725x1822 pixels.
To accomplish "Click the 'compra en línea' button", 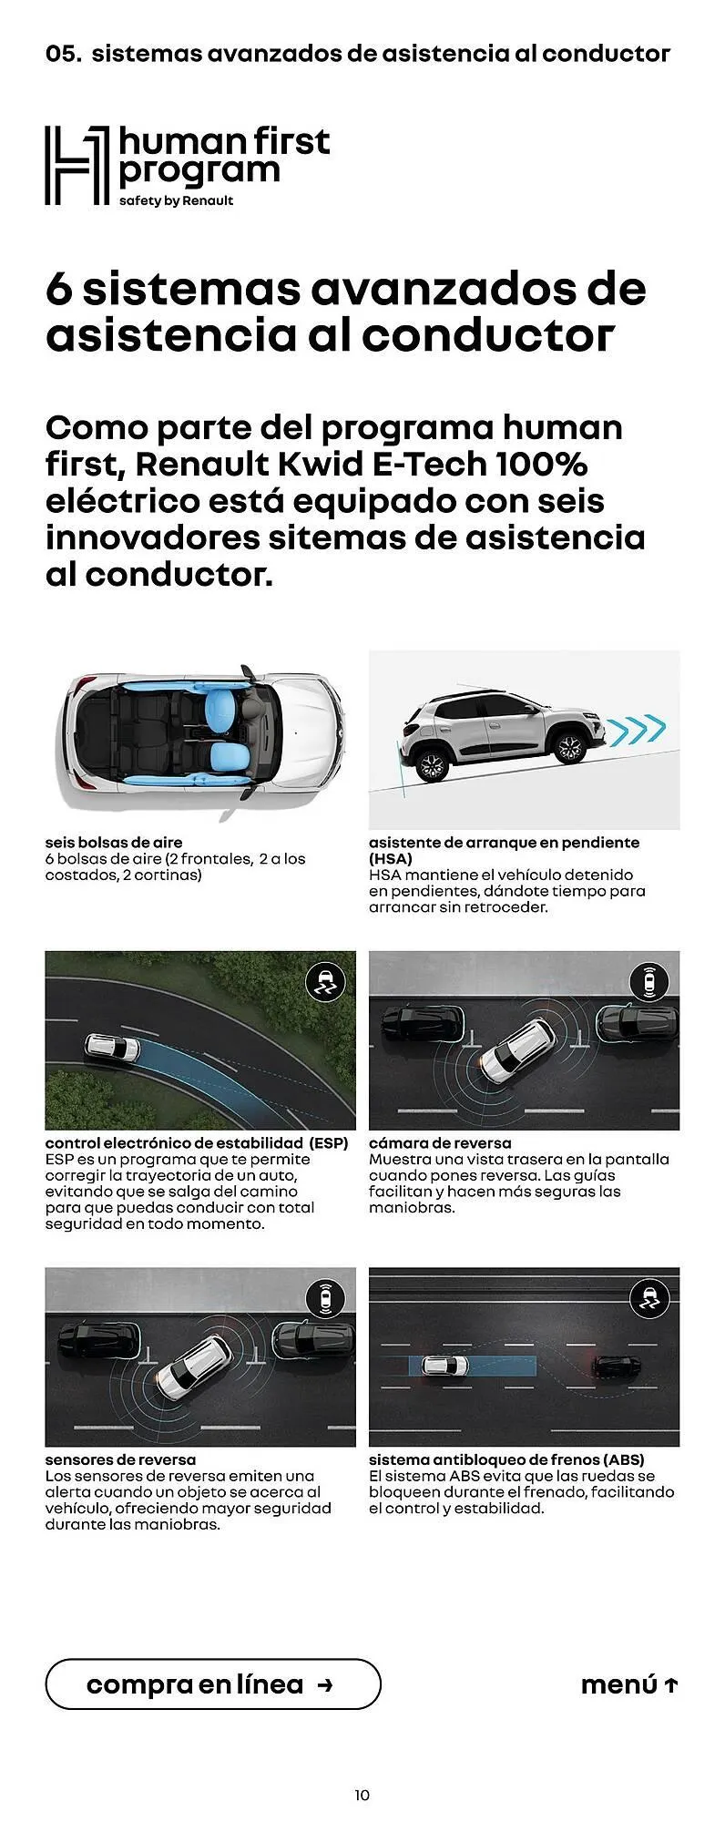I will click(212, 1684).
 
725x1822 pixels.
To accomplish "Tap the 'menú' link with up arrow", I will click(629, 1685).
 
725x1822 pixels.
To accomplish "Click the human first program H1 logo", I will click(77, 166).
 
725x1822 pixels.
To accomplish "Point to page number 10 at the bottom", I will click(362, 1796).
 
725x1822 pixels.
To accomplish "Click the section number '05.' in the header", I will click(64, 54).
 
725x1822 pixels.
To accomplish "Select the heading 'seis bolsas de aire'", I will click(114, 843).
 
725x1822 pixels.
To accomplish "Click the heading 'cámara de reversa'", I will click(440, 1143).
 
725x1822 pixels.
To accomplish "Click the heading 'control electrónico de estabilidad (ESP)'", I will click(197, 1143).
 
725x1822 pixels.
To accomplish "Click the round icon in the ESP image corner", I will click(325, 983).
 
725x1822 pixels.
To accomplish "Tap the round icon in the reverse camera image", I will click(649, 982).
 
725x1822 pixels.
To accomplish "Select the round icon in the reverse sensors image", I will click(325, 1298).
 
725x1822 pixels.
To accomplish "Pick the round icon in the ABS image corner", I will click(649, 1298).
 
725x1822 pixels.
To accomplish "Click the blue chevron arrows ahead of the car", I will click(637, 728).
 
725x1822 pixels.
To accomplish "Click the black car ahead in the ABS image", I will click(617, 1367).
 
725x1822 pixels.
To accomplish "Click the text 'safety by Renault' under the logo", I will click(176, 200).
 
